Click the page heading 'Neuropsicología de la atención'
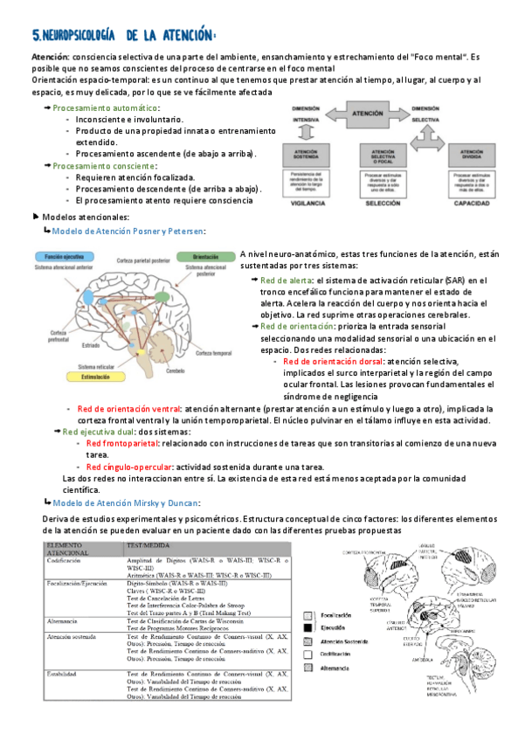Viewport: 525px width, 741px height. pyautogui.click(x=122, y=35)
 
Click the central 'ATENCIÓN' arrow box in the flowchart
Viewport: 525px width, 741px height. pyautogui.click(x=365, y=114)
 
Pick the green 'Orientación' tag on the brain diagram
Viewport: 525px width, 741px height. pyautogui.click(x=204, y=257)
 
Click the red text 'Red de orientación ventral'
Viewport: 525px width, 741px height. pyautogui.click(x=128, y=408)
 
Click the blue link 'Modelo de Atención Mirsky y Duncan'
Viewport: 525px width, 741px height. pyautogui.click(x=126, y=502)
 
